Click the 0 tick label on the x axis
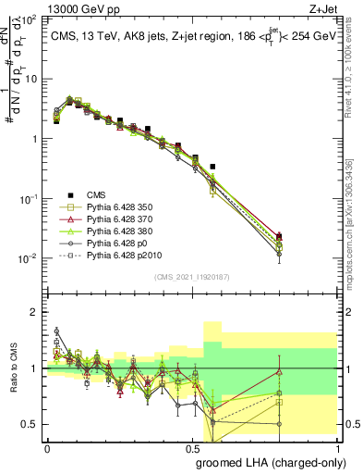pyautogui.click(x=47, y=447)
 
